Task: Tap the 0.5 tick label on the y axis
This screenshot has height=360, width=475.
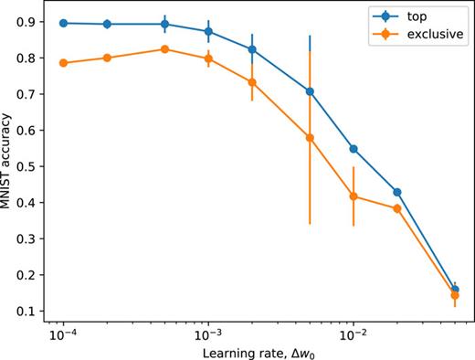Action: click(x=29, y=166)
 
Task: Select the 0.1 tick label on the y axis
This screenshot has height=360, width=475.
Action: click(x=29, y=311)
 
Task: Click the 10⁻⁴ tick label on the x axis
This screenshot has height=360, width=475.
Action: click(x=63, y=335)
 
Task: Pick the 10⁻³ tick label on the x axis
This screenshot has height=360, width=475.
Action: click(x=208, y=335)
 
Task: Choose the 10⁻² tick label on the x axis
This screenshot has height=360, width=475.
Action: click(x=353, y=335)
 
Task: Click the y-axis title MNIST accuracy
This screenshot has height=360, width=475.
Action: click(x=8, y=166)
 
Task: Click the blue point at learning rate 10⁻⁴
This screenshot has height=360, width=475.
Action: click(x=63, y=23)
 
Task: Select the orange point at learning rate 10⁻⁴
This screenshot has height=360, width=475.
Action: click(x=63, y=63)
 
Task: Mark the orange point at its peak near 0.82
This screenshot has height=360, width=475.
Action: click(x=164, y=48)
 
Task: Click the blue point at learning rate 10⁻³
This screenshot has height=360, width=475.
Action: click(x=208, y=31)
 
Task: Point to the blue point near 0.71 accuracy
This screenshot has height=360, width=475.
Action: click(x=310, y=91)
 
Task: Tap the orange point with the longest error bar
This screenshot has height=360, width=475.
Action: click(x=310, y=138)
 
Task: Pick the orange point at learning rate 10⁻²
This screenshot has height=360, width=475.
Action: click(x=353, y=196)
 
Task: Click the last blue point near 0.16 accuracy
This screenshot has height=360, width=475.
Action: click(x=455, y=290)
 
